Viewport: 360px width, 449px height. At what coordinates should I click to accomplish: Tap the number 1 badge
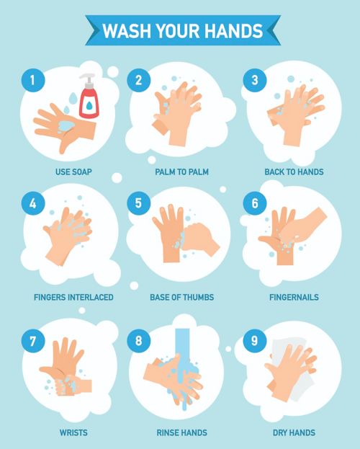33,80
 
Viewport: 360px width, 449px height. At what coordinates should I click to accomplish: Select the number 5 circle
138,203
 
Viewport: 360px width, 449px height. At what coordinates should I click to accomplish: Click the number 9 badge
255,341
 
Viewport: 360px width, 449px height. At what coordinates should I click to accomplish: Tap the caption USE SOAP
73,172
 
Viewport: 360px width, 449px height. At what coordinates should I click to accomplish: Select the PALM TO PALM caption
181,172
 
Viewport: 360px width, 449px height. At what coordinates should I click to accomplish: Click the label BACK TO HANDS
294,172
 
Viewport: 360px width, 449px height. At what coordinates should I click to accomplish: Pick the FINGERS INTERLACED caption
73,297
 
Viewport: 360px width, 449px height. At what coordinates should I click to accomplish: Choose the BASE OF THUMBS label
181,297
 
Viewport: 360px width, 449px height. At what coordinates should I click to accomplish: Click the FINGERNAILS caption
294,297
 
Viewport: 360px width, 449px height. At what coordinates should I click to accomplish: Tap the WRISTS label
73,432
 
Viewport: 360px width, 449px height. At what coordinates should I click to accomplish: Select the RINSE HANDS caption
181,432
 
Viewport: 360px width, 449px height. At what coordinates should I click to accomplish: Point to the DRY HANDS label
294,432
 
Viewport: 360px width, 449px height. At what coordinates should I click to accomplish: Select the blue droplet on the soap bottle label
89,105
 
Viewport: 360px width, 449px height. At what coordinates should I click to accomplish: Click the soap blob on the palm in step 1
66,125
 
